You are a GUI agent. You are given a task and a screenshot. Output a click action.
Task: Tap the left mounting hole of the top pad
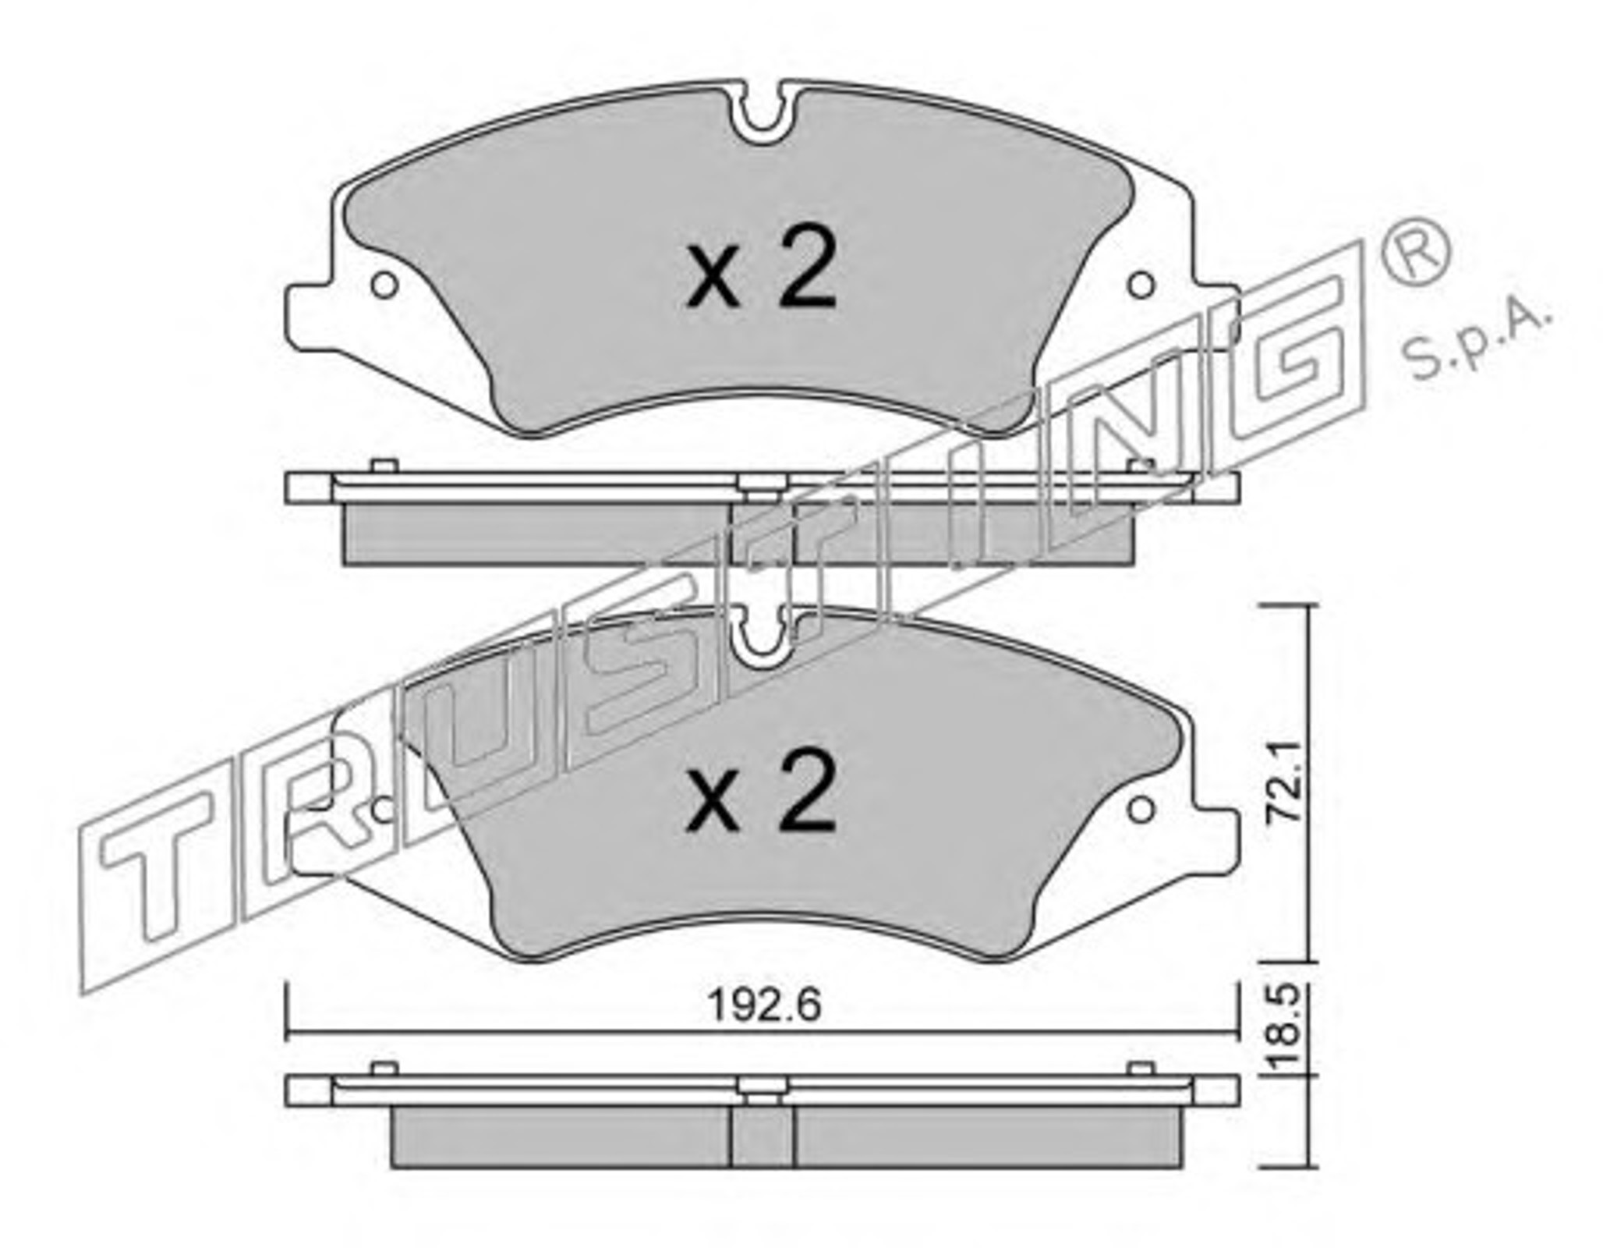384,285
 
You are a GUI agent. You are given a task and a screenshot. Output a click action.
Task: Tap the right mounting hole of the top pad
1142,285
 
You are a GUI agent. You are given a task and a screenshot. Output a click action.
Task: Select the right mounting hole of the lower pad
1142,810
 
